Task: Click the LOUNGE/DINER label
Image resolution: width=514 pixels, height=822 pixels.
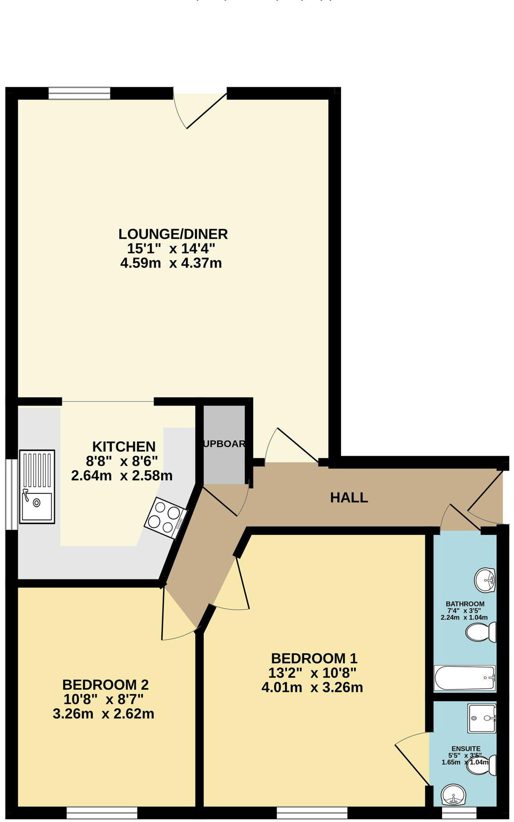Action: (173, 234)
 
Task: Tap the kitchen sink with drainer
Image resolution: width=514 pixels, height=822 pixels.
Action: (37, 487)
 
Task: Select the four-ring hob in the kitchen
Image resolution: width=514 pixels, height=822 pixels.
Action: (166, 518)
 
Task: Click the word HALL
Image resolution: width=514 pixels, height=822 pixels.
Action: (349, 497)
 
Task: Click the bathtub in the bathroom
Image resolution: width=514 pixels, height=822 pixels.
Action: (465, 678)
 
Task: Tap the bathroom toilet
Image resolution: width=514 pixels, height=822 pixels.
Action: (481, 632)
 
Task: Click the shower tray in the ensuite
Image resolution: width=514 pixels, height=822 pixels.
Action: (482, 718)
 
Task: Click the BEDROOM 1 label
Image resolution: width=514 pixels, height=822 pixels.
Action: (314, 658)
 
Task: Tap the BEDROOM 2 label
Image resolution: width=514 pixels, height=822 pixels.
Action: (105, 684)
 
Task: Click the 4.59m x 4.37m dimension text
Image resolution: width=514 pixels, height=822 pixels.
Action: (171, 263)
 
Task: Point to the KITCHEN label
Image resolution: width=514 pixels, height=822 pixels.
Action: (124, 446)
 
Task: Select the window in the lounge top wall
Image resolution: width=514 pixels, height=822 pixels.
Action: (79, 93)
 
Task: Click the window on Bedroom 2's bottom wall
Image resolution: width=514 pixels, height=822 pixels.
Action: (101, 813)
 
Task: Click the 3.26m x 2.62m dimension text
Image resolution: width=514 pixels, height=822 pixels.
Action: (104, 714)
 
